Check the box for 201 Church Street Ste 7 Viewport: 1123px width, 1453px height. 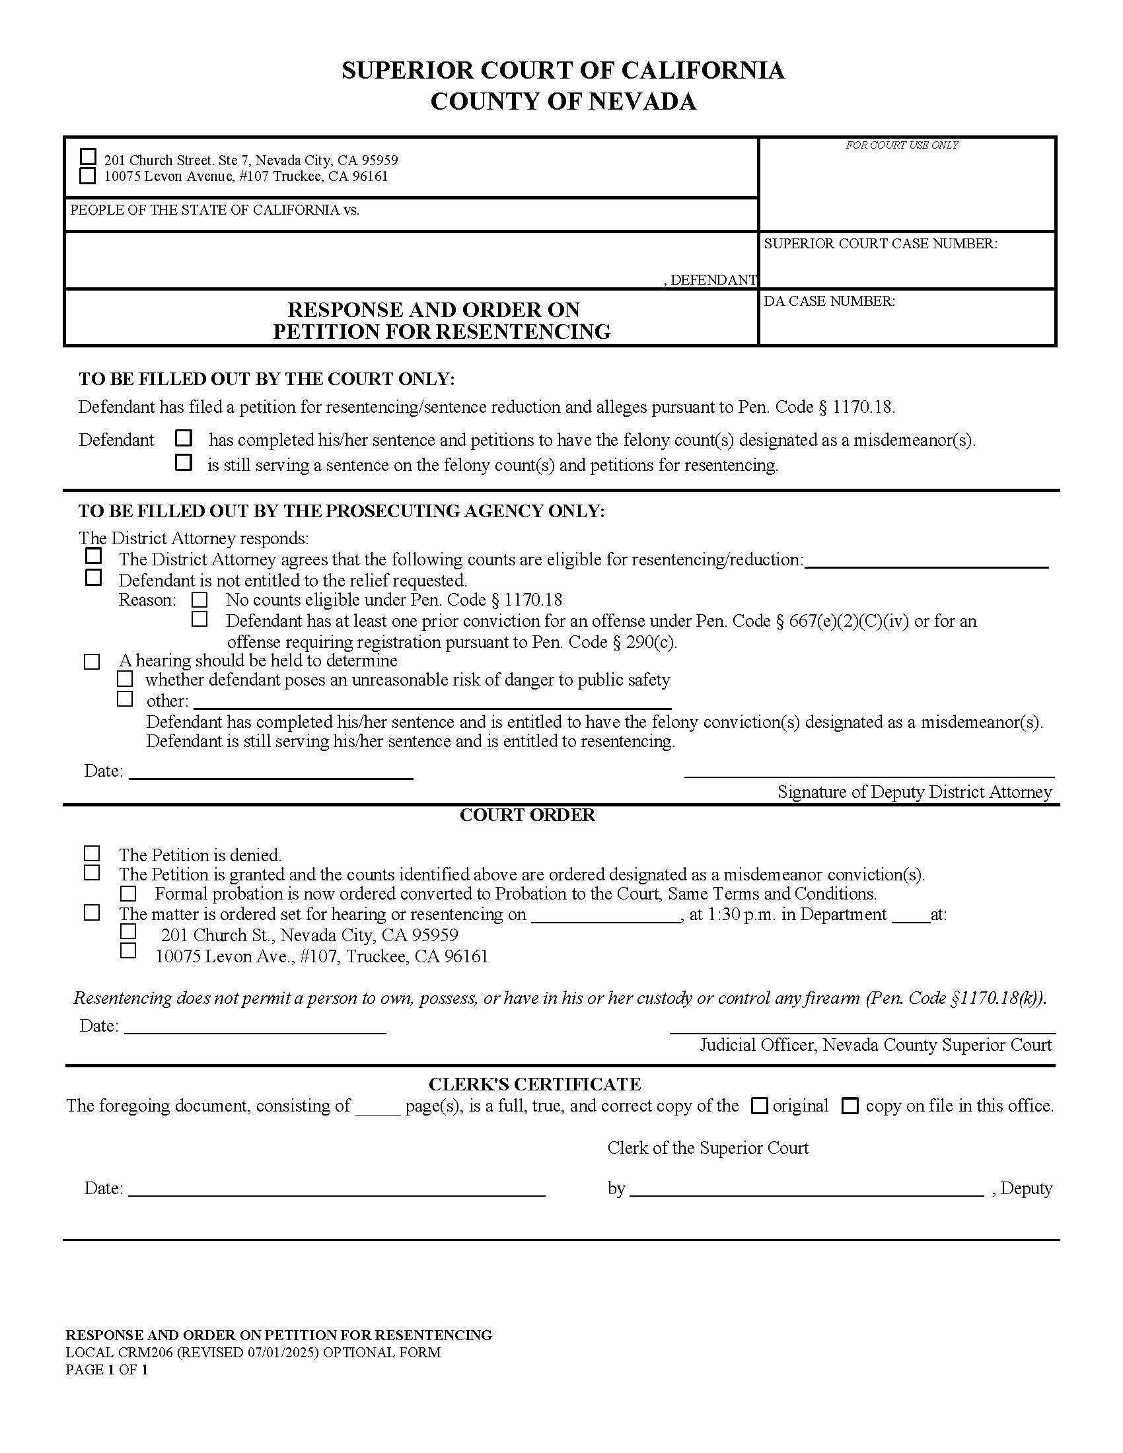[88, 157]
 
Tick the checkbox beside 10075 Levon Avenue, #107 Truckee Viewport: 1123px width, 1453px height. [88, 176]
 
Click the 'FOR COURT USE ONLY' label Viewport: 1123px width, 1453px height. [902, 145]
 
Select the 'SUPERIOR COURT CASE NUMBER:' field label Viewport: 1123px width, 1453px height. [880, 244]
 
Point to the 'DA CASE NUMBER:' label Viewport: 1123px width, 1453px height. [829, 301]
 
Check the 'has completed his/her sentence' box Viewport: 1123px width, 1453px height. [184, 439]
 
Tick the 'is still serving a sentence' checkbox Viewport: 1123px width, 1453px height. [184, 462]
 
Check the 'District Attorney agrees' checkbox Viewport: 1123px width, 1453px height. [94, 555]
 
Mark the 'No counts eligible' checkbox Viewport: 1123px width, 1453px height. [199, 600]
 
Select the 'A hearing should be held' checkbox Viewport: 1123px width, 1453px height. [92, 662]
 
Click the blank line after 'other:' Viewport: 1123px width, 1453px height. [433, 704]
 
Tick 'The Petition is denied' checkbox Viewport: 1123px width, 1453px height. [92, 853]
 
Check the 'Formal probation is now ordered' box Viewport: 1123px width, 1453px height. [127, 894]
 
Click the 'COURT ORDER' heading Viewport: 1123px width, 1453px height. [527, 816]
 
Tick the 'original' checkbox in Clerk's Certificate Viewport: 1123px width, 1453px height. [759, 1106]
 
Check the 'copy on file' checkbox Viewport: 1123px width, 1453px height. [850, 1106]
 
